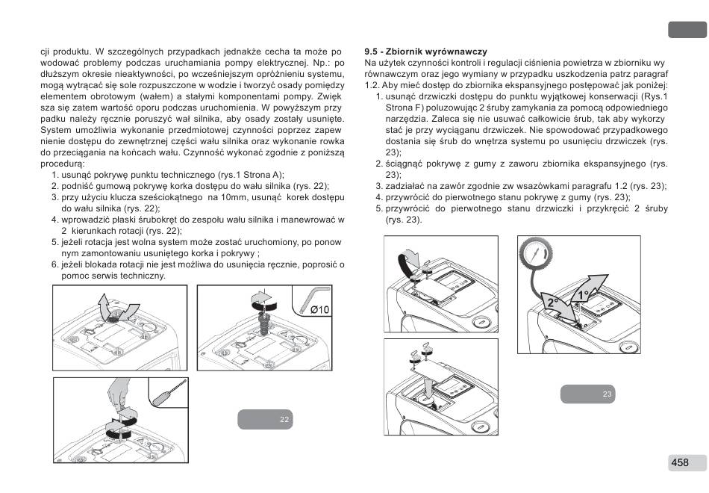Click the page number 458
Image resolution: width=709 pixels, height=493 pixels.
679,462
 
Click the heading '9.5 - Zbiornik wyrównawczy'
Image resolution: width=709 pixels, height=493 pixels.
425,52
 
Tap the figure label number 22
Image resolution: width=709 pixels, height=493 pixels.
284,420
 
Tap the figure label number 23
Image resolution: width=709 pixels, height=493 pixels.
608,394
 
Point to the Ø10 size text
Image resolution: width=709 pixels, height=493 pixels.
319,309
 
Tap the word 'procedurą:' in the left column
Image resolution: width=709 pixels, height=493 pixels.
63,163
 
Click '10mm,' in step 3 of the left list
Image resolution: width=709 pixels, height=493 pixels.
225,197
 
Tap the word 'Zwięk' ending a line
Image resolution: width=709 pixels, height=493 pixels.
329,96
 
